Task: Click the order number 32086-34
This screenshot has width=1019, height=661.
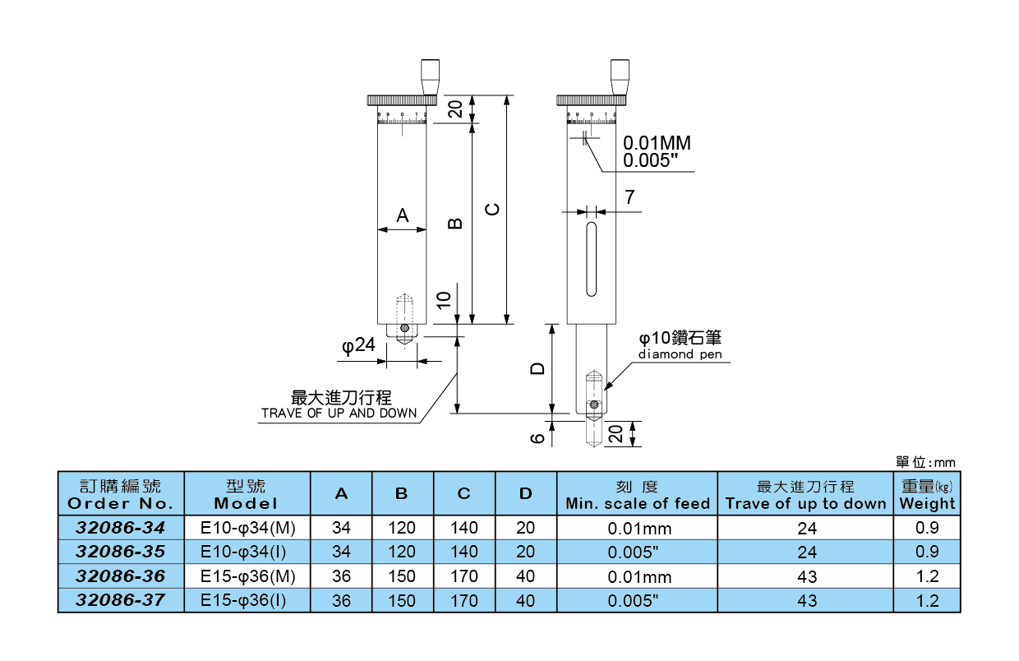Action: (x=121, y=527)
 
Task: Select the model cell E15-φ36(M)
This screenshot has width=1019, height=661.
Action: (x=247, y=576)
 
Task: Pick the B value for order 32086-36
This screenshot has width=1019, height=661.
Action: (x=402, y=576)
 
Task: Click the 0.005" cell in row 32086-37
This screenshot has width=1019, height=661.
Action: (x=637, y=601)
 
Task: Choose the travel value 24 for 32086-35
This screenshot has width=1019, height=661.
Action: (x=806, y=552)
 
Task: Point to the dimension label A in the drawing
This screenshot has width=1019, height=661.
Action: (x=403, y=215)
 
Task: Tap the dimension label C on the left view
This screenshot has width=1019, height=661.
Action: (x=492, y=209)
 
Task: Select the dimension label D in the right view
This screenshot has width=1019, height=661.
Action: (x=537, y=368)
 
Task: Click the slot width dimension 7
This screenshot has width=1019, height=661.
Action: (x=629, y=197)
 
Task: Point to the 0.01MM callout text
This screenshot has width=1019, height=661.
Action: (x=657, y=143)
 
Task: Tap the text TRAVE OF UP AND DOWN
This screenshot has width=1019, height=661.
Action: (x=339, y=413)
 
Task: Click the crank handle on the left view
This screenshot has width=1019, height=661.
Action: (x=430, y=76)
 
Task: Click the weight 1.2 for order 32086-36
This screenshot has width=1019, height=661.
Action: (x=927, y=576)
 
